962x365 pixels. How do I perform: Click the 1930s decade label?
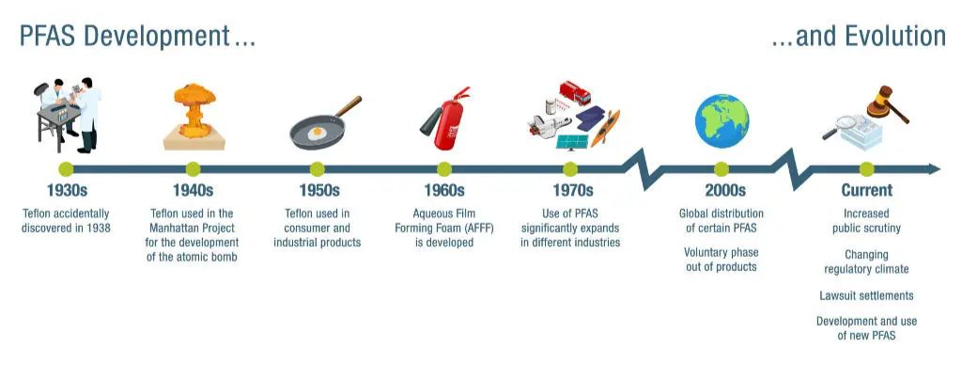click(67, 190)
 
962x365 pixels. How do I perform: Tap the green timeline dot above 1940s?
click(193, 169)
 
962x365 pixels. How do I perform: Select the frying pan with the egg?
click(325, 123)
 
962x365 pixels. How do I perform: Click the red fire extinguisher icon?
click(446, 119)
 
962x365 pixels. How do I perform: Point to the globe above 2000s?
click(722, 121)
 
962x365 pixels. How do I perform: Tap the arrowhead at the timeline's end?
click(935, 169)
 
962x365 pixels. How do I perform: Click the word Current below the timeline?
click(866, 190)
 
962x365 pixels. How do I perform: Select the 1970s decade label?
click(572, 190)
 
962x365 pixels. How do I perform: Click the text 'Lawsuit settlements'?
click(866, 295)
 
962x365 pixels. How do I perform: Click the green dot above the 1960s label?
click(444, 169)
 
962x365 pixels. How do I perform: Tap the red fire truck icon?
click(575, 92)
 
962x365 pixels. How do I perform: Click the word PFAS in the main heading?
click(49, 37)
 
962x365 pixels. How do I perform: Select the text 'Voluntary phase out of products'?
click(721, 260)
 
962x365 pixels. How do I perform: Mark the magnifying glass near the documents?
click(839, 127)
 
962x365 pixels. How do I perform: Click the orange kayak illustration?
click(605, 128)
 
